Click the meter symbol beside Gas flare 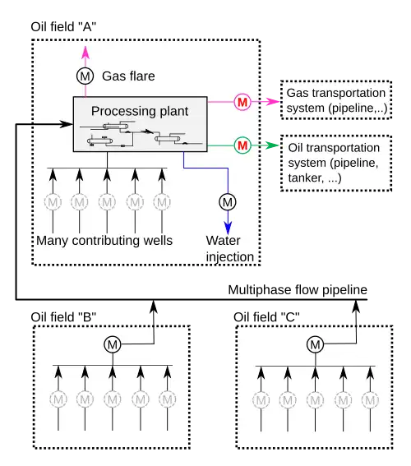pyautogui.click(x=85, y=76)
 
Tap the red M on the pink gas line pyautogui.click(x=242, y=102)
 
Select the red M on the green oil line pyautogui.click(x=242, y=145)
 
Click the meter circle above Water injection pyautogui.click(x=228, y=202)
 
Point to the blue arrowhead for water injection pyautogui.click(x=228, y=228)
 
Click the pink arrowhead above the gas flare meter pyautogui.click(x=85, y=53)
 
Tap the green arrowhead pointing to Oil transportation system pyautogui.click(x=272, y=145)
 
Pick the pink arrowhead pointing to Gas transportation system pyautogui.click(x=272, y=102)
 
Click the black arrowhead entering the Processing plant pyautogui.click(x=66, y=124)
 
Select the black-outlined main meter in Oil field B pyautogui.click(x=113, y=344)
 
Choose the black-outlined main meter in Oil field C pyautogui.click(x=316, y=344)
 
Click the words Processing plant pyautogui.click(x=140, y=112)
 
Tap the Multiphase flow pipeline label pyautogui.click(x=298, y=290)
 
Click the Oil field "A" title pyautogui.click(x=63, y=27)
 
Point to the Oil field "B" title pyautogui.click(x=63, y=317)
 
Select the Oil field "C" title pyautogui.click(x=266, y=317)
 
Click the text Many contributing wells pyautogui.click(x=104, y=241)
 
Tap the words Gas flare pyautogui.click(x=128, y=76)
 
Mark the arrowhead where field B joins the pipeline pyautogui.click(x=154, y=307)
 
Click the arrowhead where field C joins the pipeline pyautogui.click(x=356, y=307)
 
